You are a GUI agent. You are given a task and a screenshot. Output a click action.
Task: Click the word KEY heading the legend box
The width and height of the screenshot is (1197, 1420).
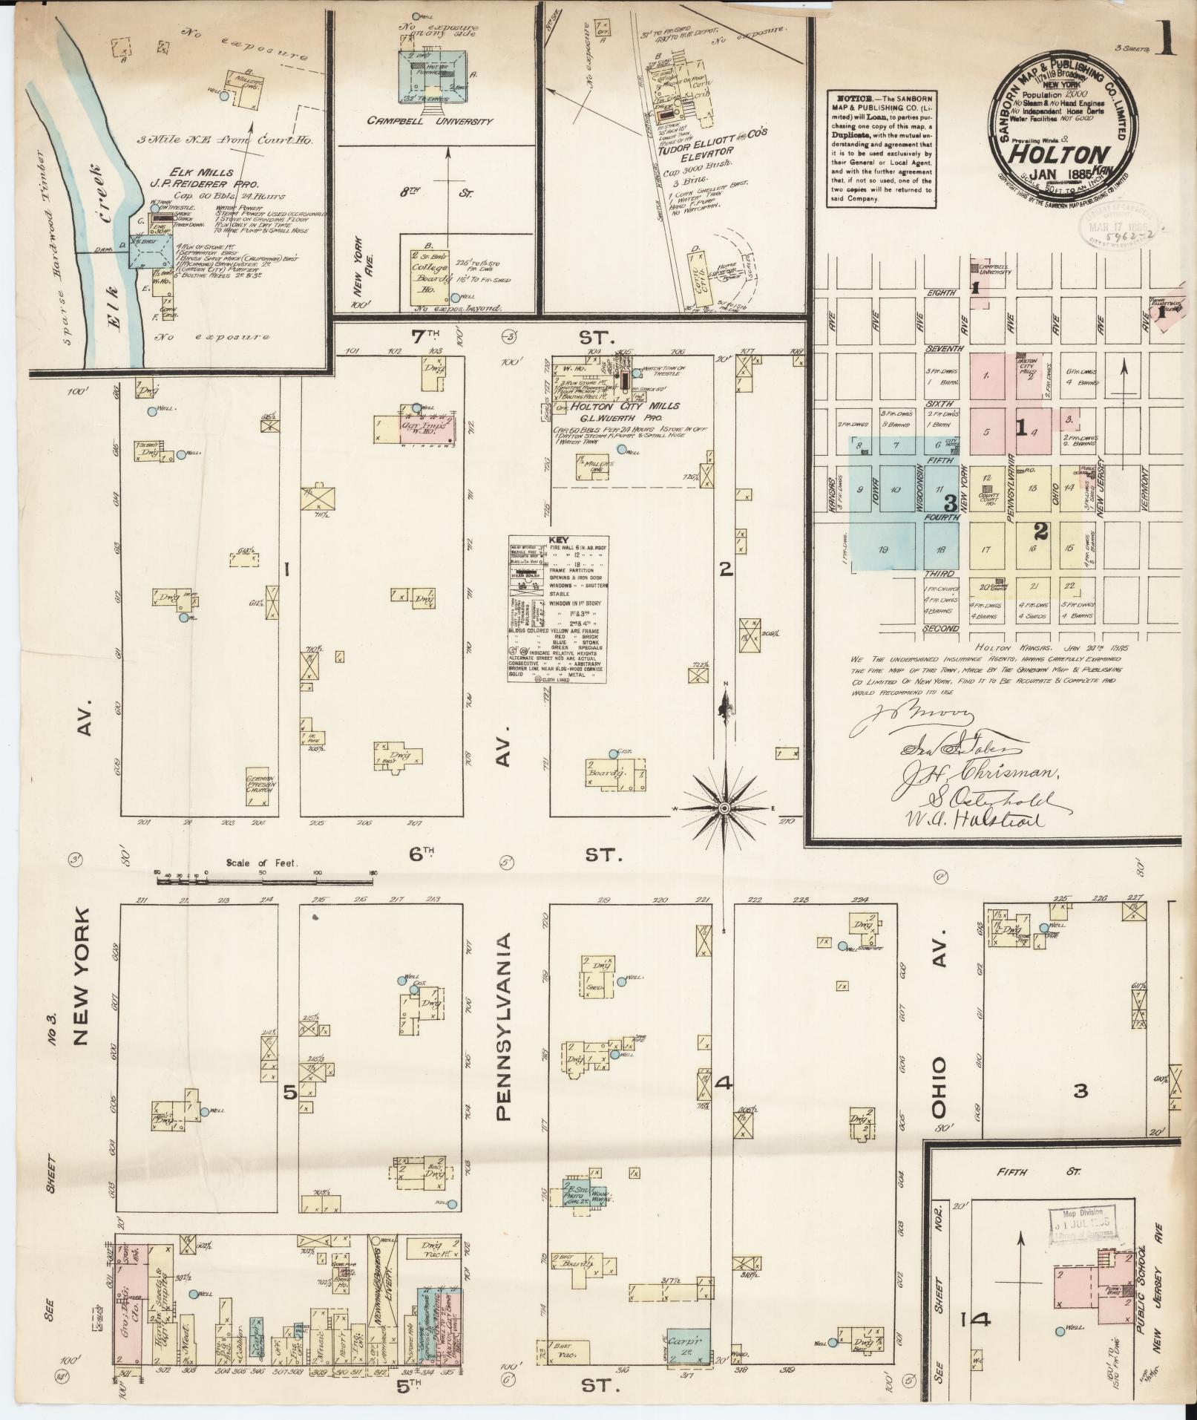click(557, 540)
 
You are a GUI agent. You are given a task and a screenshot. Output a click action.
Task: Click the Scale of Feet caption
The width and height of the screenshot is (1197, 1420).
click(262, 863)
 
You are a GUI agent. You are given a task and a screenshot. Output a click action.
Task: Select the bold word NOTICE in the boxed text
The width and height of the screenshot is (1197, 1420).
click(851, 99)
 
